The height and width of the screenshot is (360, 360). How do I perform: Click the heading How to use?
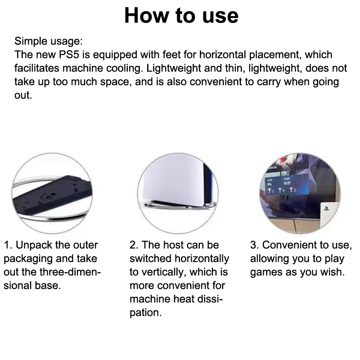(181, 16)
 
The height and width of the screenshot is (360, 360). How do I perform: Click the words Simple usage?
(49, 41)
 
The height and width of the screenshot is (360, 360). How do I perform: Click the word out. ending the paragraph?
(23, 95)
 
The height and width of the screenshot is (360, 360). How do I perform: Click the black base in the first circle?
(52, 195)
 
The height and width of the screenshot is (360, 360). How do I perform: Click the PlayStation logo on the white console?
(326, 208)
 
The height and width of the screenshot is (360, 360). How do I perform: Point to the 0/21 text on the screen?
(287, 183)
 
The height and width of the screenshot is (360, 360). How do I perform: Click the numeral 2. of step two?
(134, 245)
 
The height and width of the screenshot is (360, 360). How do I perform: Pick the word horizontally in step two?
(202, 259)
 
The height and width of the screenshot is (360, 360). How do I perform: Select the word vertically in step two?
(162, 273)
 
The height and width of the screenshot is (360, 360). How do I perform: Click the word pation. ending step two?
(145, 313)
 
